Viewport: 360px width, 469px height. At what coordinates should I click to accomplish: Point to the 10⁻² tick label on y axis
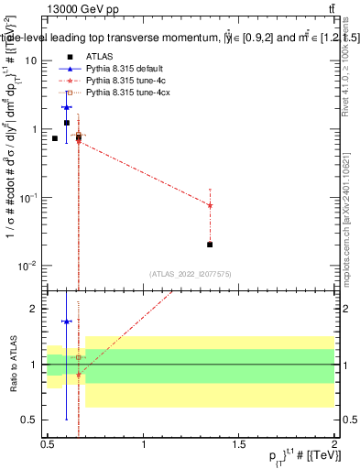pos(29,267)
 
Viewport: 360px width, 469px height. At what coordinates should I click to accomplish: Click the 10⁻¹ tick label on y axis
pos(29,198)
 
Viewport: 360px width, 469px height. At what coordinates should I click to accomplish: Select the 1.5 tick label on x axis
pos(239,443)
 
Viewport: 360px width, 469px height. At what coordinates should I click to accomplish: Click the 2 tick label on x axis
pos(334,443)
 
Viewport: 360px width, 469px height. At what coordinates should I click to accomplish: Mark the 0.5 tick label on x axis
pos(48,443)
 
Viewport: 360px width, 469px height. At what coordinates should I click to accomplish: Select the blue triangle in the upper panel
pos(66,107)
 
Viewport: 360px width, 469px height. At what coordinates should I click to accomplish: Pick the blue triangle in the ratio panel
pos(66,322)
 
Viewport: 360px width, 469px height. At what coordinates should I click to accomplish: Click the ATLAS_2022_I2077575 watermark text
pos(191,273)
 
